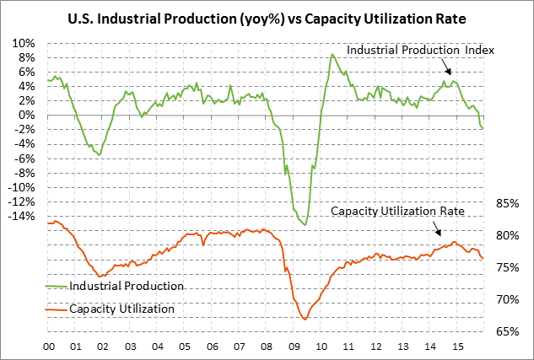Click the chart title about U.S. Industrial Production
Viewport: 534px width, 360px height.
pyautogui.click(x=267, y=18)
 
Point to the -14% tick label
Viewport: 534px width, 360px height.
pyautogui.click(x=22, y=216)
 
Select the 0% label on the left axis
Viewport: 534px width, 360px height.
pyautogui.click(x=28, y=116)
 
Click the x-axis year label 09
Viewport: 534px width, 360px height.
pyautogui.click(x=294, y=347)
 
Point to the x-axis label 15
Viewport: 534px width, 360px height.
pyautogui.click(x=458, y=347)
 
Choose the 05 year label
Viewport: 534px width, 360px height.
pyautogui.click(x=185, y=347)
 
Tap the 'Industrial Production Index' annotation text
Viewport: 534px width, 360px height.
pyautogui.click(x=420, y=51)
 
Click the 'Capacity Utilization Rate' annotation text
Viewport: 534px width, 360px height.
pyautogui.click(x=397, y=211)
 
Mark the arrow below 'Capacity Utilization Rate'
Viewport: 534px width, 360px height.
pyautogui.click(x=438, y=230)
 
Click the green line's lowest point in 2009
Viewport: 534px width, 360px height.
pyautogui.click(x=305, y=225)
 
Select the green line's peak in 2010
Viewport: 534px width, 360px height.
pyautogui.click(x=332, y=55)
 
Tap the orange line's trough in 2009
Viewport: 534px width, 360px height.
pyautogui.click(x=304, y=319)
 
